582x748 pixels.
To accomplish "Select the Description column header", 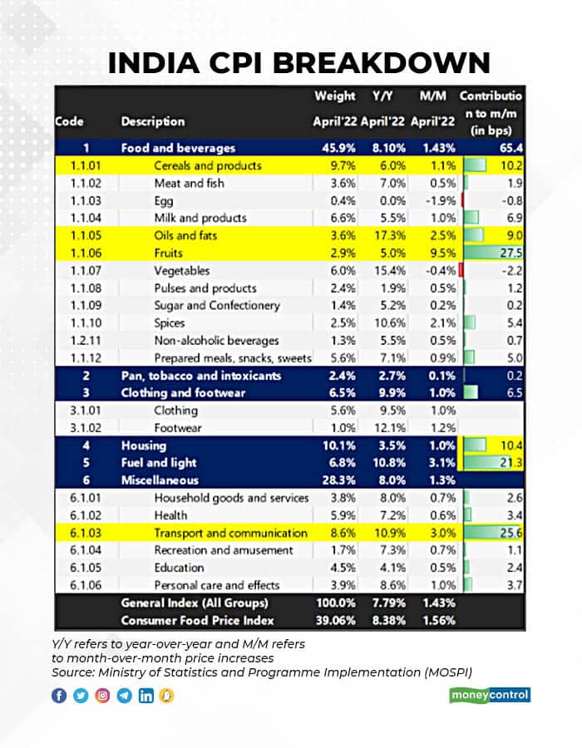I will (x=153, y=121).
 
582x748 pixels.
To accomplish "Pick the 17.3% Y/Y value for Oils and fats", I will (x=387, y=235).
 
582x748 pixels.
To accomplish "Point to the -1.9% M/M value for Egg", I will (x=437, y=200).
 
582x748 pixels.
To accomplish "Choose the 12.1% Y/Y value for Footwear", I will (x=387, y=427).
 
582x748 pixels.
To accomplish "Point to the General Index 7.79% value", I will (x=385, y=603).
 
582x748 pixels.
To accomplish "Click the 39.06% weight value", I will (x=333, y=620).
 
